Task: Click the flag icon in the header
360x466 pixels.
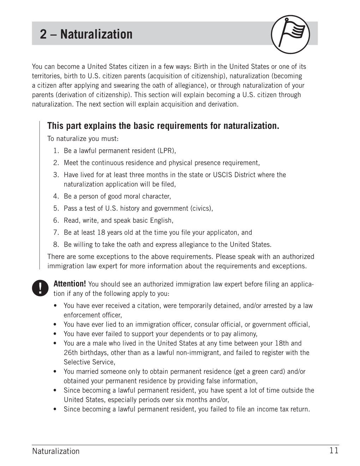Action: (x=290, y=34)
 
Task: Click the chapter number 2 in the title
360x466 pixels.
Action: (x=43, y=34)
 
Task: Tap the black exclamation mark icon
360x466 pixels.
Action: (x=40, y=288)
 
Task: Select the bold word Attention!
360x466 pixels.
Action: (x=70, y=284)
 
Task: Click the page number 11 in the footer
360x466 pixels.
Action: (x=334, y=450)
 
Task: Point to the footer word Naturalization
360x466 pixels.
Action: (x=56, y=451)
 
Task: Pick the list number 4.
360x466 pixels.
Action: (x=56, y=196)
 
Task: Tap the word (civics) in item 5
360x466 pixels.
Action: (x=202, y=208)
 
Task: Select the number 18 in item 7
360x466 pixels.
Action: (x=100, y=232)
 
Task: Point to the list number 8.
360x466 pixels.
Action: (x=56, y=244)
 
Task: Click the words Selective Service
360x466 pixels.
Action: (x=89, y=362)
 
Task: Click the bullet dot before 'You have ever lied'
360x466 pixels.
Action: (x=55, y=324)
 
